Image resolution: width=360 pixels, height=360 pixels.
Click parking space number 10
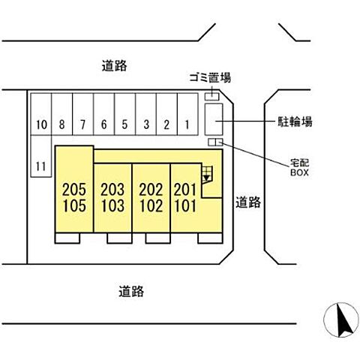click(41, 114)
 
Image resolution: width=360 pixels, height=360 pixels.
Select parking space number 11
click(41, 156)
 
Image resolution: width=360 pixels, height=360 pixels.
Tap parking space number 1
click(187, 114)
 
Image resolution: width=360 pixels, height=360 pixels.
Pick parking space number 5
click(125, 114)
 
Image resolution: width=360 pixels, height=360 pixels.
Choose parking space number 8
click(62, 114)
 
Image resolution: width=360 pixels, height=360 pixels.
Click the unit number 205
click(74, 190)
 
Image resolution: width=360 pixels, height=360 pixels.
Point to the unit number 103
click(112, 205)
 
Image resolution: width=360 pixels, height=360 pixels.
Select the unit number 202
click(151, 190)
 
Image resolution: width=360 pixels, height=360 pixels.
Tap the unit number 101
click(185, 205)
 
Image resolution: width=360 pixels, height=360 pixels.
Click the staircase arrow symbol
click(206, 178)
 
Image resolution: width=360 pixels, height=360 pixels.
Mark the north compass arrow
click(344, 320)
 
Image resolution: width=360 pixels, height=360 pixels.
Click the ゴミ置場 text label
click(210, 78)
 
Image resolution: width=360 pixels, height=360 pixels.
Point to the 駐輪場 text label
click(295, 122)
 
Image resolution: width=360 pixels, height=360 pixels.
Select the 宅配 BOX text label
click(299, 167)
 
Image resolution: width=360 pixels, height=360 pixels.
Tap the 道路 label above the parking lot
click(114, 66)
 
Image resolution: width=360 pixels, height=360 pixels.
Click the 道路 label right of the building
click(248, 202)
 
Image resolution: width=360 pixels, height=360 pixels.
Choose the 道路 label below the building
click(131, 291)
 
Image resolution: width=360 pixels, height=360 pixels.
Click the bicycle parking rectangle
click(214, 119)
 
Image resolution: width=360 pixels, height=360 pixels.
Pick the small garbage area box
click(212, 97)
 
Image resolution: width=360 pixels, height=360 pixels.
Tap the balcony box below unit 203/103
click(119, 238)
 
